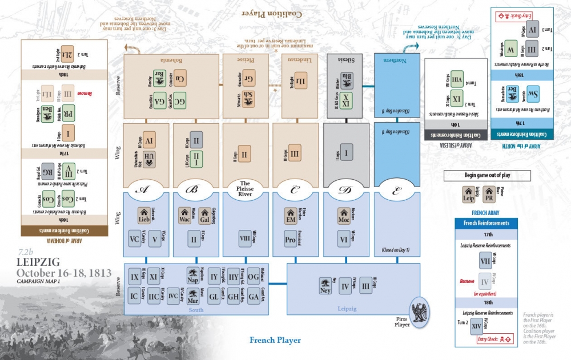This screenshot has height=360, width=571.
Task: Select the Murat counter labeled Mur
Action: coord(193,297)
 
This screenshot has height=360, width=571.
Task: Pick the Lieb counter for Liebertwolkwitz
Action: coord(143,216)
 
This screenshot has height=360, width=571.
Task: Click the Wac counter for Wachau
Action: coord(185,216)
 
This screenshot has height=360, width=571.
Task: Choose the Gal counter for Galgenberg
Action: coord(204,216)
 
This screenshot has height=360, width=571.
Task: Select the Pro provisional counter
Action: coord(290,240)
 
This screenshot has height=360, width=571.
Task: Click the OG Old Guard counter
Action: coord(252,278)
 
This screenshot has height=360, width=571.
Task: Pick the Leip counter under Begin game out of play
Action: coord(468,195)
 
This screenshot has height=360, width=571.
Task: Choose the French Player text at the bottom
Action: coord(275,341)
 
